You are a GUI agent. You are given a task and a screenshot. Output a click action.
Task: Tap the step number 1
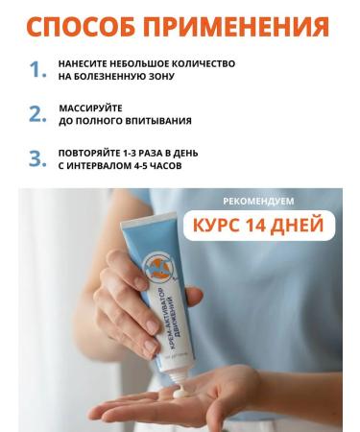36,70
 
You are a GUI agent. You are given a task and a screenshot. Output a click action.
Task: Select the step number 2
36,114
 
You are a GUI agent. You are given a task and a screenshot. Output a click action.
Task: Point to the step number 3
36,158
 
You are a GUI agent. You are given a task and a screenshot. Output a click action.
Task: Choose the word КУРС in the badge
225,227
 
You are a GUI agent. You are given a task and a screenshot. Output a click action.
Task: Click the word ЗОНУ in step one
160,77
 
